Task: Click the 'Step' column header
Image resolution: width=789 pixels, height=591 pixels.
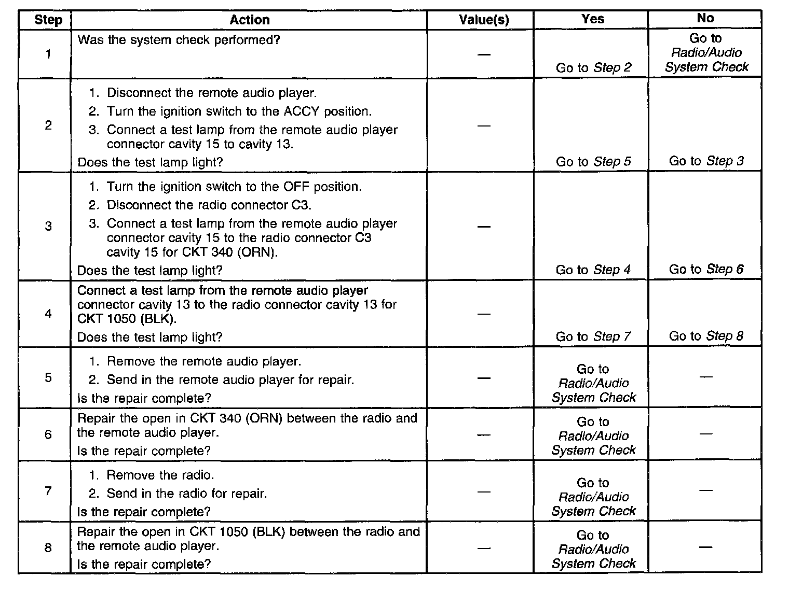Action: point(48,20)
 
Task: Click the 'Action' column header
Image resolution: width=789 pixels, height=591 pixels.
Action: point(249,20)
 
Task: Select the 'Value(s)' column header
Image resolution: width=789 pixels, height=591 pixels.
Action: point(484,20)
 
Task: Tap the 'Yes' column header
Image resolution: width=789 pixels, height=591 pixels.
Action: point(592,19)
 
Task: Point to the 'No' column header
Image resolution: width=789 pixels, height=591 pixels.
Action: point(705,18)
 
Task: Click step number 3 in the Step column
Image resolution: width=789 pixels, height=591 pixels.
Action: point(48,226)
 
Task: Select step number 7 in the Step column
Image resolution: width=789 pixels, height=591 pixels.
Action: point(48,490)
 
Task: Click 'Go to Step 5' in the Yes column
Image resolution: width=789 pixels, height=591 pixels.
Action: point(593,162)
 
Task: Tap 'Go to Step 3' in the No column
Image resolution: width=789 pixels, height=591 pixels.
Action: point(706,161)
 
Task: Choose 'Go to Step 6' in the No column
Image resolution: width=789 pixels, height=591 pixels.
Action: point(706,269)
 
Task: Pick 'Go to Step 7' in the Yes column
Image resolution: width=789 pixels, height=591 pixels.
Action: point(593,336)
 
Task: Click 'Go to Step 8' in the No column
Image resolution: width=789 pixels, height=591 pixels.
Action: point(706,336)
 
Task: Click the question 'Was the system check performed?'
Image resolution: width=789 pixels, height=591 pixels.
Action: point(179,40)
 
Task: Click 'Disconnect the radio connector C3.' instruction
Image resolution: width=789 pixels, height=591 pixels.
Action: point(209,205)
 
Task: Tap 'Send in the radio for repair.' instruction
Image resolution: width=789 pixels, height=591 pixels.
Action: point(187,494)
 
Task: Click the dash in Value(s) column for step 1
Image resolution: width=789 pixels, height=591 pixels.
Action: point(484,54)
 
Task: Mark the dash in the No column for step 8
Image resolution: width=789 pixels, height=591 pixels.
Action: point(705,547)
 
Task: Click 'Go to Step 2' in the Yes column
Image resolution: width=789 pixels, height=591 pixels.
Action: point(593,68)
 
